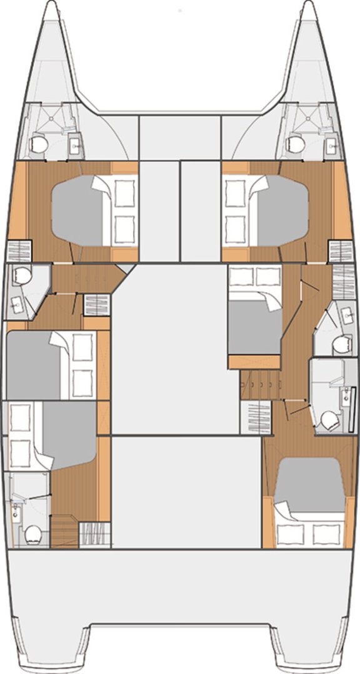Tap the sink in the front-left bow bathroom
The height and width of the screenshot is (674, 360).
click(74, 147)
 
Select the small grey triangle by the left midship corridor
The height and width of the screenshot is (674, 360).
click(127, 268)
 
